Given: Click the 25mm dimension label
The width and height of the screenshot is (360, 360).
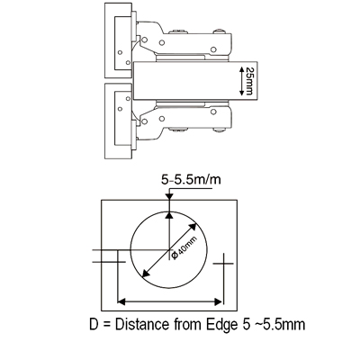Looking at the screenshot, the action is click(x=249, y=81).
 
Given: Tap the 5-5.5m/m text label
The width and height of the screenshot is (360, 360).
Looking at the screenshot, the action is click(x=191, y=180).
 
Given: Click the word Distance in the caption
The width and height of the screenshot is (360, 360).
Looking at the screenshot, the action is click(x=142, y=325).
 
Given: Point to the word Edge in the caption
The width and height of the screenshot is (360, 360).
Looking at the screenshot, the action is click(x=220, y=325).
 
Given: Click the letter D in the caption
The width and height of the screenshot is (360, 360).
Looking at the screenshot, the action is click(x=94, y=325).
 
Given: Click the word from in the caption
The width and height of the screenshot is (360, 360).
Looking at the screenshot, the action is click(x=188, y=325).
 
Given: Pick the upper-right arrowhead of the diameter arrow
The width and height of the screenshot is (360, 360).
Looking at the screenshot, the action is click(x=193, y=227).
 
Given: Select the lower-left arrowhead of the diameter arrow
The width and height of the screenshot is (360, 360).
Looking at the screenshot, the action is click(x=146, y=273).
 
